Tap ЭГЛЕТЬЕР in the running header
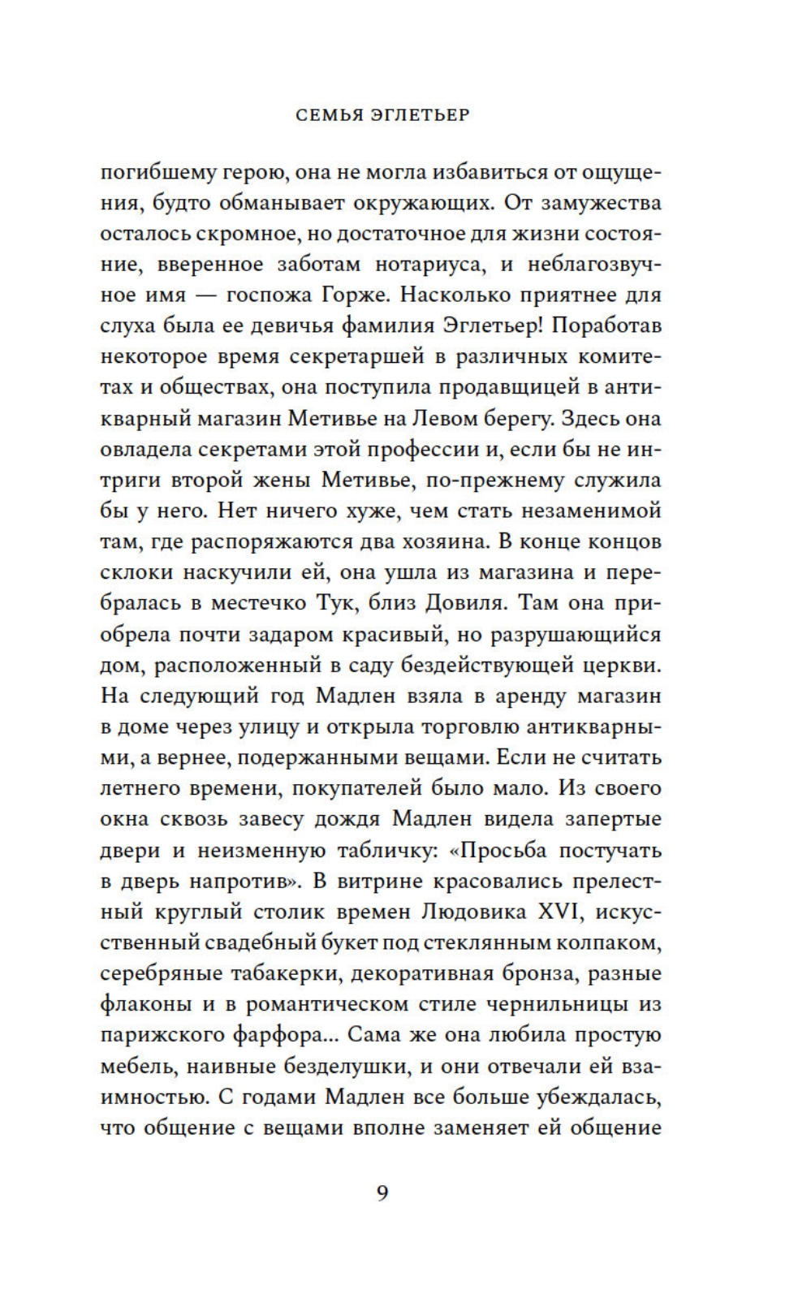click(423, 115)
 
